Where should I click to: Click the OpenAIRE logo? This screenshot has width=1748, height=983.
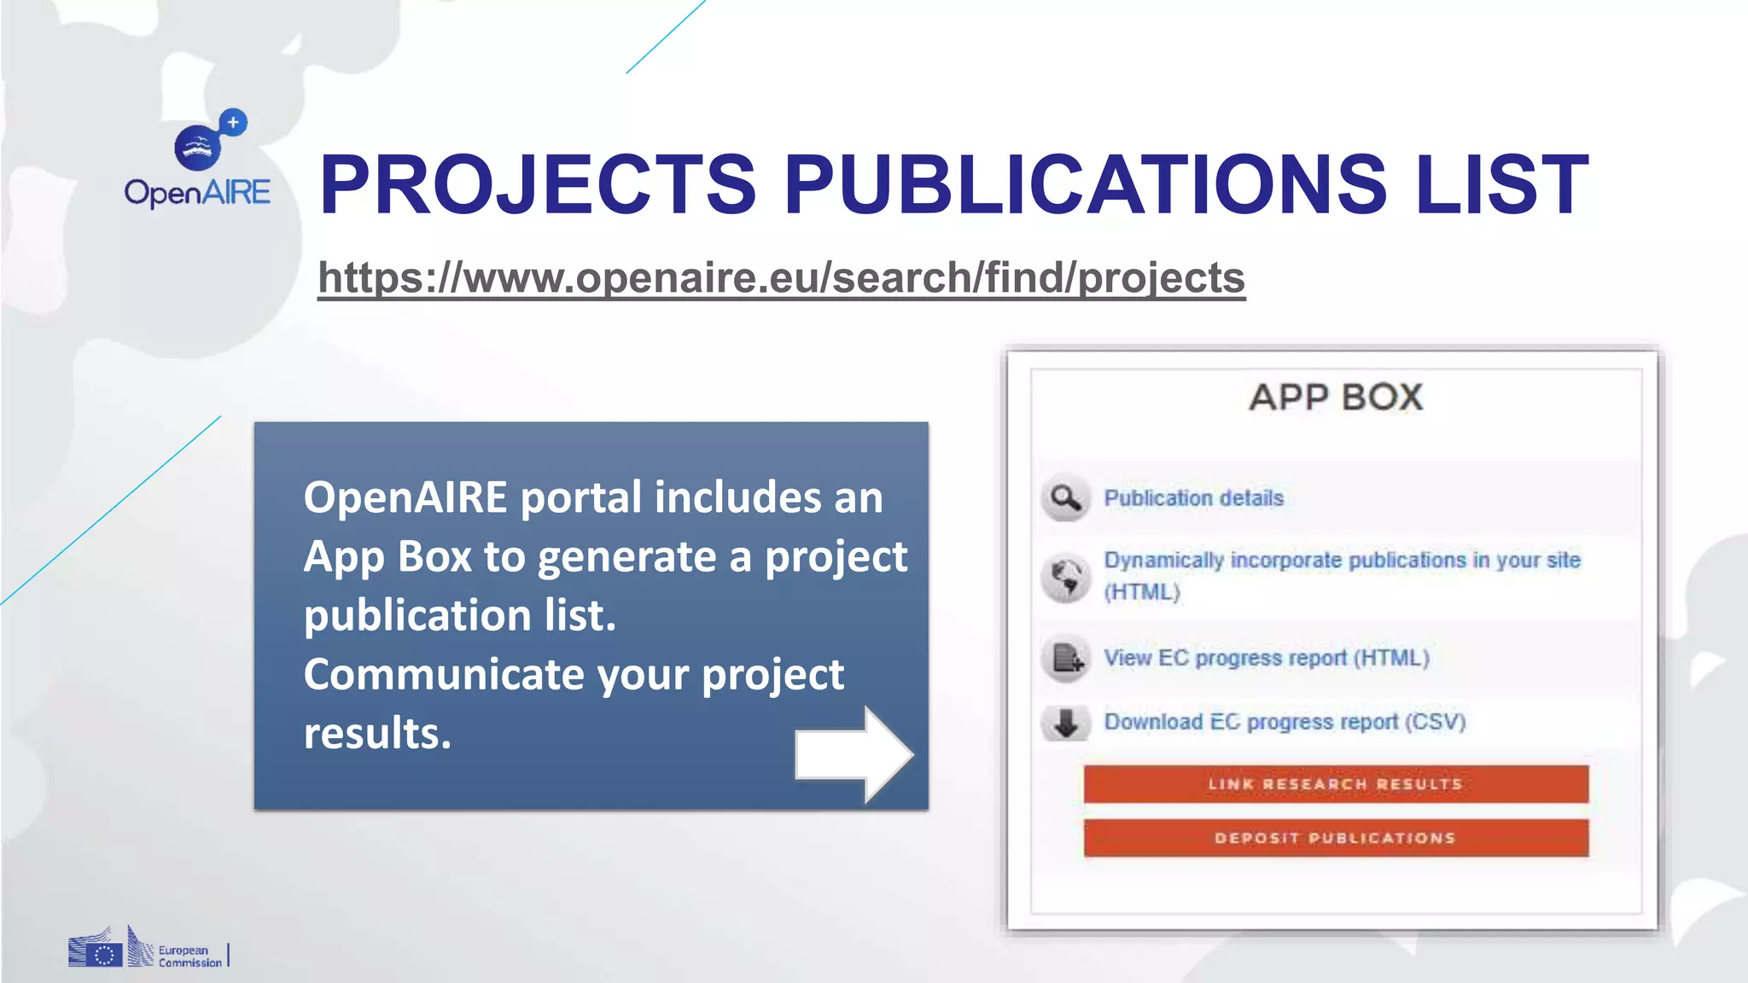point(198,162)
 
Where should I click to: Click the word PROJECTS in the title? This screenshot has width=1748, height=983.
point(538,184)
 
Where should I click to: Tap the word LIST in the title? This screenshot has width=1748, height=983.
point(1501,184)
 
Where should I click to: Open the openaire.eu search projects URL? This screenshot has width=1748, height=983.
point(781,278)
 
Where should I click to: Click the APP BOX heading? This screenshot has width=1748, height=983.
point(1336,398)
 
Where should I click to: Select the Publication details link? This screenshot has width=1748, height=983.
point(1193,498)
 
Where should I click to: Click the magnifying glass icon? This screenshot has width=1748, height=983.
point(1065,497)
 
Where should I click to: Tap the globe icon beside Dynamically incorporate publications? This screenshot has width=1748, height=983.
point(1065,577)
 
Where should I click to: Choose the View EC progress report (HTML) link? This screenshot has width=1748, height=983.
point(1266,658)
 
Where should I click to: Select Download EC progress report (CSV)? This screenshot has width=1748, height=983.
point(1285,722)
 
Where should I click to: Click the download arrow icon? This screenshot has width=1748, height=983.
point(1065,723)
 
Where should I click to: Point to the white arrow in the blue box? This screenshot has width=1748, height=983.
point(854,754)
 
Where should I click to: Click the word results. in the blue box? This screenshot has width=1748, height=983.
point(377,733)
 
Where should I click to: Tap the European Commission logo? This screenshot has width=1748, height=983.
point(146,949)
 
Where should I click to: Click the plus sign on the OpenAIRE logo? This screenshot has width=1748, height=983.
point(233,123)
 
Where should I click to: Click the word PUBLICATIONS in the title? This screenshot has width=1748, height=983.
point(1085,184)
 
